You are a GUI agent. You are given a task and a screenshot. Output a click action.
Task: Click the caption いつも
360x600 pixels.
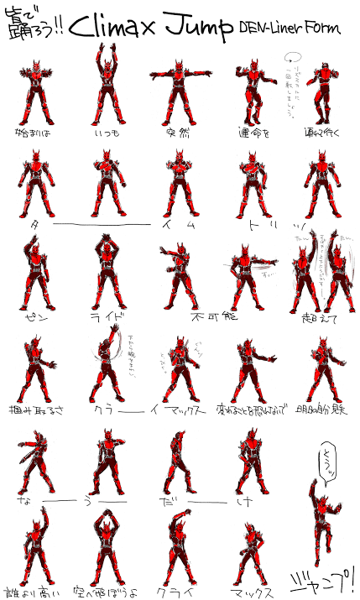coord(107,132)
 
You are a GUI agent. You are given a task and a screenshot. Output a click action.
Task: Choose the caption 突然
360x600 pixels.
coord(177,132)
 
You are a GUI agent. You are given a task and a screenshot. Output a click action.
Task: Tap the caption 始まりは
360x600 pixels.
coord(32,132)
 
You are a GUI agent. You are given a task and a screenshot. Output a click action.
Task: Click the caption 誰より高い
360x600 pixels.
coord(34,589)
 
